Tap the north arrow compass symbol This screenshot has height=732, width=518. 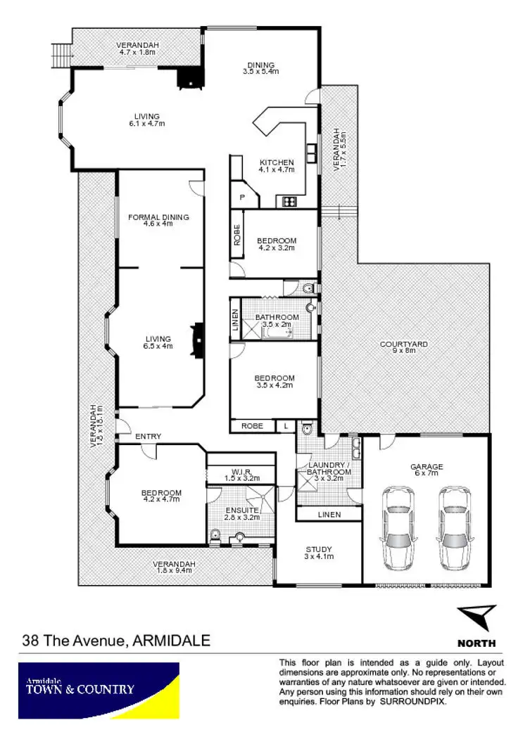pyautogui.click(x=476, y=618)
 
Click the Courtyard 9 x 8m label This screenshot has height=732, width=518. pyautogui.click(x=403, y=347)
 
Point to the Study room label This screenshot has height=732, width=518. pyautogui.click(x=319, y=553)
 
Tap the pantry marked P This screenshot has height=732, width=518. pyautogui.click(x=242, y=198)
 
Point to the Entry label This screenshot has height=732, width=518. pyautogui.click(x=149, y=437)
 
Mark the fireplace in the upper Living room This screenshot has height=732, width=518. pyautogui.click(x=189, y=77)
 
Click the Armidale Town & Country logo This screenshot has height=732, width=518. pyautogui.click(x=99, y=690)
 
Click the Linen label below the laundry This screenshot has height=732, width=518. pyautogui.click(x=329, y=515)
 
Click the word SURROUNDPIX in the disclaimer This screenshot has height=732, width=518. pyautogui.click(x=413, y=702)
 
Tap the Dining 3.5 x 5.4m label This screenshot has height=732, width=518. pyautogui.click(x=259, y=68)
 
